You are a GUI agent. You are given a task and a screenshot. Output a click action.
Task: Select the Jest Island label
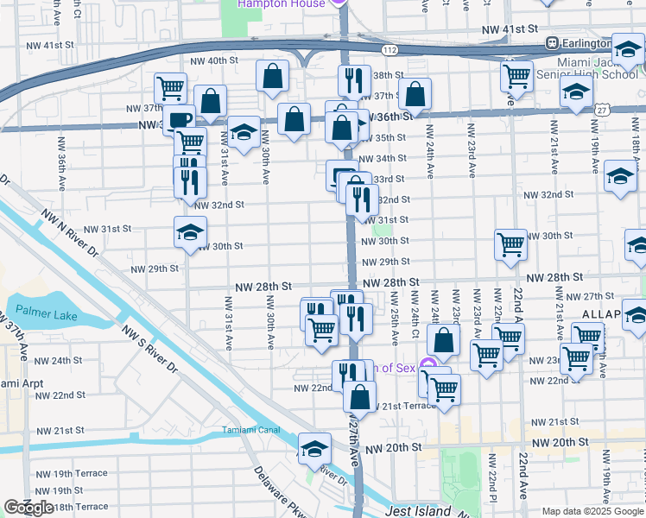pos(419,511)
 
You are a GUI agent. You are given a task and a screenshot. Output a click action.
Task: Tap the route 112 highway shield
pos(391,51)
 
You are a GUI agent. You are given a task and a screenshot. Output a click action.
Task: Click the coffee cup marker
pos(179,119)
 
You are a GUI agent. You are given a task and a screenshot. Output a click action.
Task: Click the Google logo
pos(28,508)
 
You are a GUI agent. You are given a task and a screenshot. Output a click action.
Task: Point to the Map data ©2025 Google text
pos(591,511)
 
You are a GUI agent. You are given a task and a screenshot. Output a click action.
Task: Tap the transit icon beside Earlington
pos(550,43)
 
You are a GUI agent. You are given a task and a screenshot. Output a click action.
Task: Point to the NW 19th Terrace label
pos(79,473)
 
